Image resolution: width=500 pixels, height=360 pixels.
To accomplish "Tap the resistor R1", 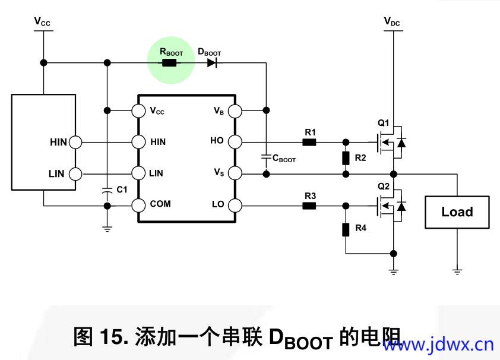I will (x=309, y=142).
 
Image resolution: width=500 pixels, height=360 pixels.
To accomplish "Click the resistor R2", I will (x=346, y=158).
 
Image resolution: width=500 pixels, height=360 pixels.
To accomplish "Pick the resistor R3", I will (x=309, y=206).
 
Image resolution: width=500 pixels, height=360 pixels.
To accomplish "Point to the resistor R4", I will (x=346, y=230).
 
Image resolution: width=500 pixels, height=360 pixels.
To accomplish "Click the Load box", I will (x=457, y=212).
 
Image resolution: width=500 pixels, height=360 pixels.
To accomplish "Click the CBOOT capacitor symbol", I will (x=266, y=158).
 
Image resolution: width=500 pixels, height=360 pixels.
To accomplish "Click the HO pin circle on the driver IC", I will (x=235, y=142).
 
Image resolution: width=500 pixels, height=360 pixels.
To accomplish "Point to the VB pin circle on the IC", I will (x=235, y=110).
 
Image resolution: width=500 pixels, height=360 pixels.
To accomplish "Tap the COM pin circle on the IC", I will (x=138, y=206).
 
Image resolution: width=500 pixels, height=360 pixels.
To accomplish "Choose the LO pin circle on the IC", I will (x=235, y=206).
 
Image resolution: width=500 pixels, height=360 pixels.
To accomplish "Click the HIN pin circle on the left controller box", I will (x=75, y=142).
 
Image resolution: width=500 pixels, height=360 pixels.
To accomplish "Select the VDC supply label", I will (x=392, y=22).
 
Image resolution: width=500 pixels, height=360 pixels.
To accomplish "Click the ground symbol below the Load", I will (x=457, y=271).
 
